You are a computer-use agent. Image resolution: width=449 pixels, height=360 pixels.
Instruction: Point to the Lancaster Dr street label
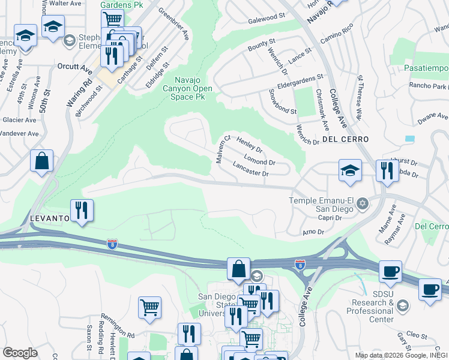point(250,169)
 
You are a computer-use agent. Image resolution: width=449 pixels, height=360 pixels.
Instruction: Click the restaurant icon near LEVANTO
point(82,210)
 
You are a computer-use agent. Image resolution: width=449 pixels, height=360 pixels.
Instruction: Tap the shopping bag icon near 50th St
point(41,161)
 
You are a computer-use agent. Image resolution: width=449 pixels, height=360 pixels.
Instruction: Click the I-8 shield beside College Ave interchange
point(300,264)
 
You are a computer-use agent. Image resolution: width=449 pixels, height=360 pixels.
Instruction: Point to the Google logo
point(20,353)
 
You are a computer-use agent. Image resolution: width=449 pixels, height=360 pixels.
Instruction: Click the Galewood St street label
point(266,19)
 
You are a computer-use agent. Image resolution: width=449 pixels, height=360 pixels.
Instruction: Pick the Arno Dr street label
point(313,232)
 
